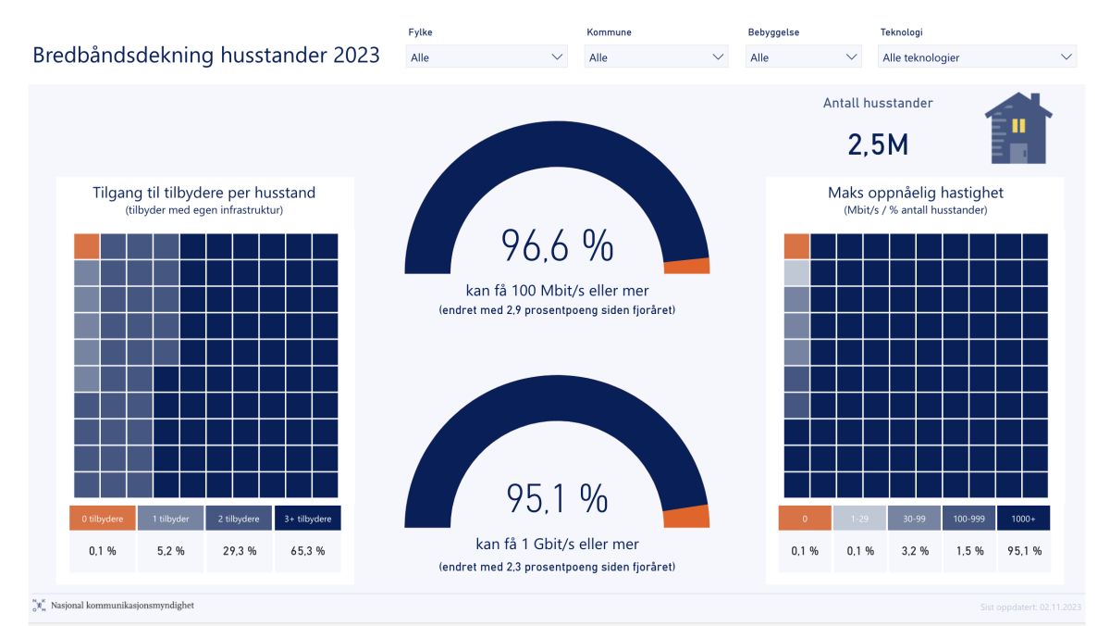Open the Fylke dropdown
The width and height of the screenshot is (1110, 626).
487,57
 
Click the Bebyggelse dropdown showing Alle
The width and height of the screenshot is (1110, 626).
805,57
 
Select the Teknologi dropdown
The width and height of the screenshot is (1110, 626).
977,57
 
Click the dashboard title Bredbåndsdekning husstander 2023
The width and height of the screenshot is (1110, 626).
206,56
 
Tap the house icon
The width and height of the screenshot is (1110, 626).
1018,129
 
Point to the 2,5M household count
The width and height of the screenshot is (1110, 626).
878,144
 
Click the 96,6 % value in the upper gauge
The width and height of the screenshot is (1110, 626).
557,246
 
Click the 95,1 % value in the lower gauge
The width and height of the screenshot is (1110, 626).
557,499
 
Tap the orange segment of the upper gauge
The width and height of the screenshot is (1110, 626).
687,266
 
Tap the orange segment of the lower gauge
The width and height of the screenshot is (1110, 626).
687,517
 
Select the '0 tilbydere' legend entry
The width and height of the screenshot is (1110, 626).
103,519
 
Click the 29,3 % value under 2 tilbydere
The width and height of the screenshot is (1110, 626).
239,551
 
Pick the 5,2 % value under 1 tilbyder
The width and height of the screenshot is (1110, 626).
170,551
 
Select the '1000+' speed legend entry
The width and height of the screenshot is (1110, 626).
1024,519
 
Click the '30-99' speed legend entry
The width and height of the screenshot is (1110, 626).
915,519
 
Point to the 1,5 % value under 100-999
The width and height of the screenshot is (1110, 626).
969,551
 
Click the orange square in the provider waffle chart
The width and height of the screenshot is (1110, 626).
86,246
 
